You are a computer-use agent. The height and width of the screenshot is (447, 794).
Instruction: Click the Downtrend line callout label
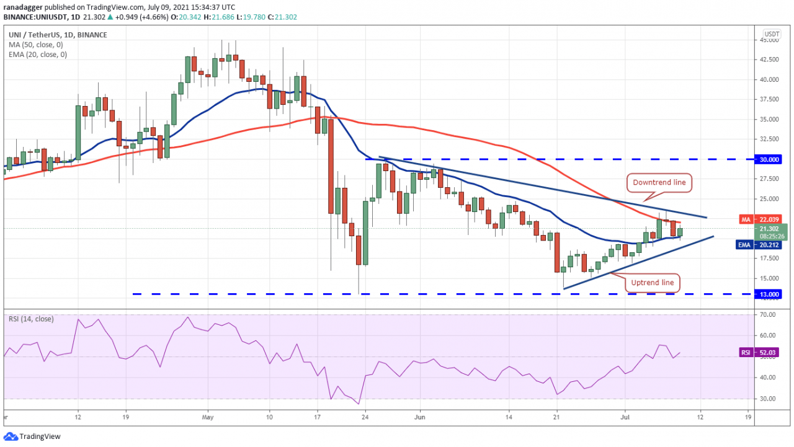coord(660,182)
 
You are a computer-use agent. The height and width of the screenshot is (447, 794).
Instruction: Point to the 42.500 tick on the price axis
coord(769,60)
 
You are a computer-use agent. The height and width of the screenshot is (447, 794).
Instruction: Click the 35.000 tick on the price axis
coord(769,119)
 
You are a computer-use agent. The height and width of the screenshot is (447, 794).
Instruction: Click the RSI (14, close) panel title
coord(30,319)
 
